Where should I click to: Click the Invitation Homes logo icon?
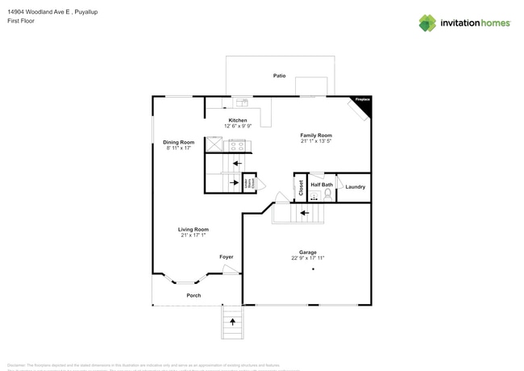[x=427, y=23]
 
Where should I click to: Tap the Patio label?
[x=279, y=76]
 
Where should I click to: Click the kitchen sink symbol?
[x=241, y=103]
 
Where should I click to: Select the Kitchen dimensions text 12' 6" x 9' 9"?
[x=238, y=126]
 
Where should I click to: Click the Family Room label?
[x=316, y=135]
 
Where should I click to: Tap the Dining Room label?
[x=178, y=142]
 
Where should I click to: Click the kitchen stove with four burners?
[x=238, y=146]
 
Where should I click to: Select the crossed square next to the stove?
[x=214, y=144]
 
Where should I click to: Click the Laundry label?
[x=355, y=187]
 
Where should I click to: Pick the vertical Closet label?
[x=301, y=187]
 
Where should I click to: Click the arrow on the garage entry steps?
[x=303, y=214]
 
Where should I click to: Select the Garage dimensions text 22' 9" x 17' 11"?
[x=308, y=258]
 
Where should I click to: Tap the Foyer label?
[x=227, y=256]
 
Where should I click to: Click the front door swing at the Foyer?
[x=232, y=271]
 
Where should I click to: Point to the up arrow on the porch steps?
[x=233, y=322]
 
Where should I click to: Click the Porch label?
[x=193, y=295]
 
